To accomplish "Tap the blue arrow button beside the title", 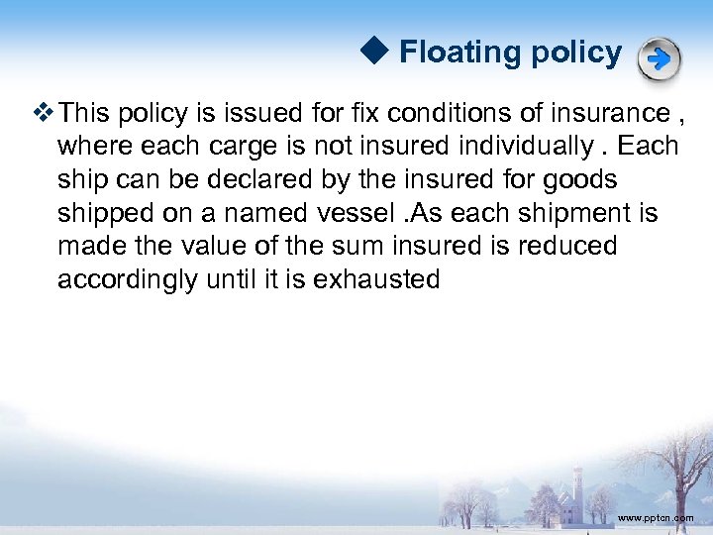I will [x=659, y=59].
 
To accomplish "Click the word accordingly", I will [x=127, y=279].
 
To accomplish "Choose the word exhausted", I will [x=376, y=279].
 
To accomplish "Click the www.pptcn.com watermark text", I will [x=655, y=518].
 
